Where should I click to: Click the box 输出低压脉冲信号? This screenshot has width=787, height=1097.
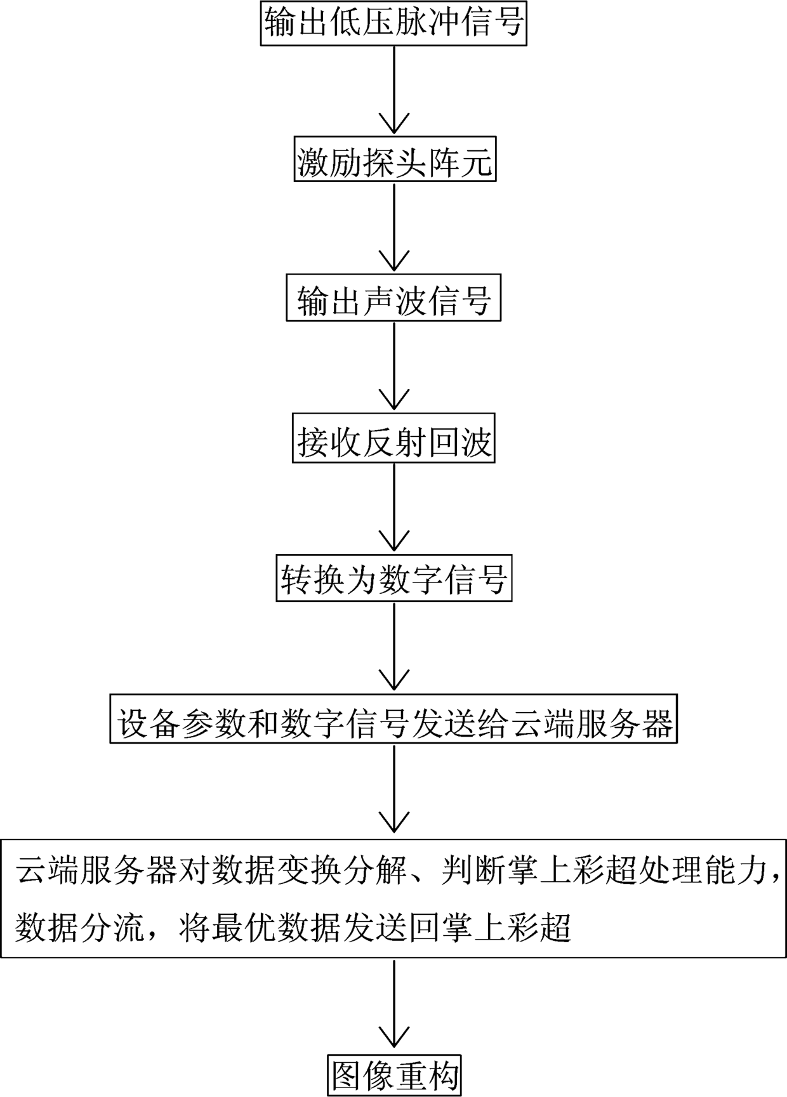click(x=393, y=23)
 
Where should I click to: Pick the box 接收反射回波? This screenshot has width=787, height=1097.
click(x=393, y=441)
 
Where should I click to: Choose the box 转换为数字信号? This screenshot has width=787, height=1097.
click(x=393, y=579)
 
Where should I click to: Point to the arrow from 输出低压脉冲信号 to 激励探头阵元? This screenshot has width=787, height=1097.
click(x=394, y=89)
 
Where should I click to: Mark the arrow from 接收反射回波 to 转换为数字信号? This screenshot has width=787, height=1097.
click(x=394, y=508)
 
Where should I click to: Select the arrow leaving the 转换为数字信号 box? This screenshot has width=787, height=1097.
click(x=394, y=647)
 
